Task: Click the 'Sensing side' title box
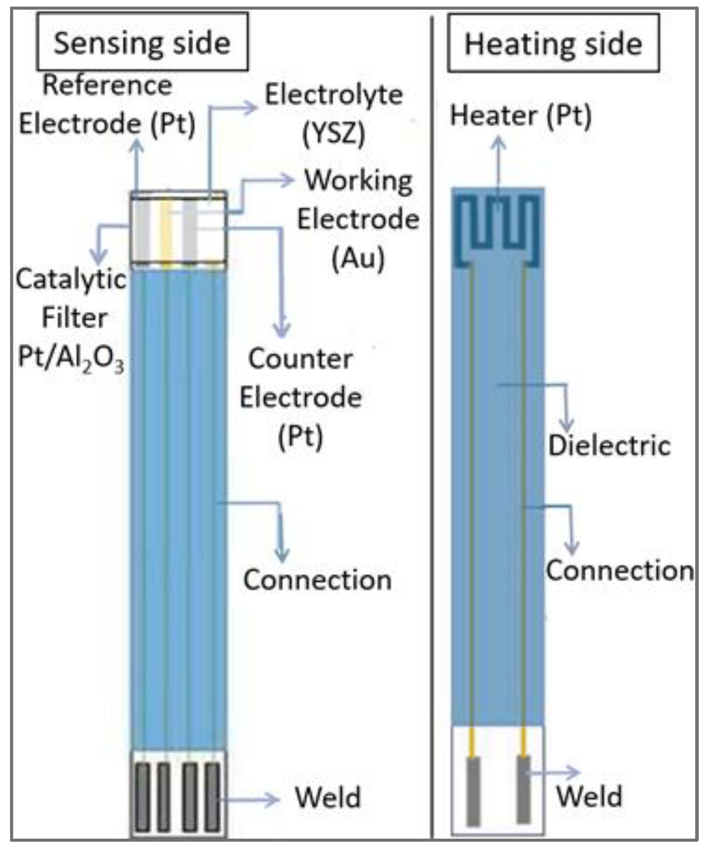pyautogui.click(x=142, y=42)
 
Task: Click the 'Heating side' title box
pyautogui.click(x=553, y=43)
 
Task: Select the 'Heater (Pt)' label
pyautogui.click(x=521, y=116)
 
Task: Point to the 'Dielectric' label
pyautogui.click(x=609, y=446)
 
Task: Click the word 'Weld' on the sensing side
pyautogui.click(x=328, y=797)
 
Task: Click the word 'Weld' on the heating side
pyautogui.click(x=589, y=797)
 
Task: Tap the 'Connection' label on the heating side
pyautogui.click(x=619, y=571)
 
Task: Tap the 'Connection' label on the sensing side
pyautogui.click(x=317, y=580)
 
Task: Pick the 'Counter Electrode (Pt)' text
pyautogui.click(x=301, y=398)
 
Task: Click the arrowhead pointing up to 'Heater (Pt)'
pyautogui.click(x=498, y=143)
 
